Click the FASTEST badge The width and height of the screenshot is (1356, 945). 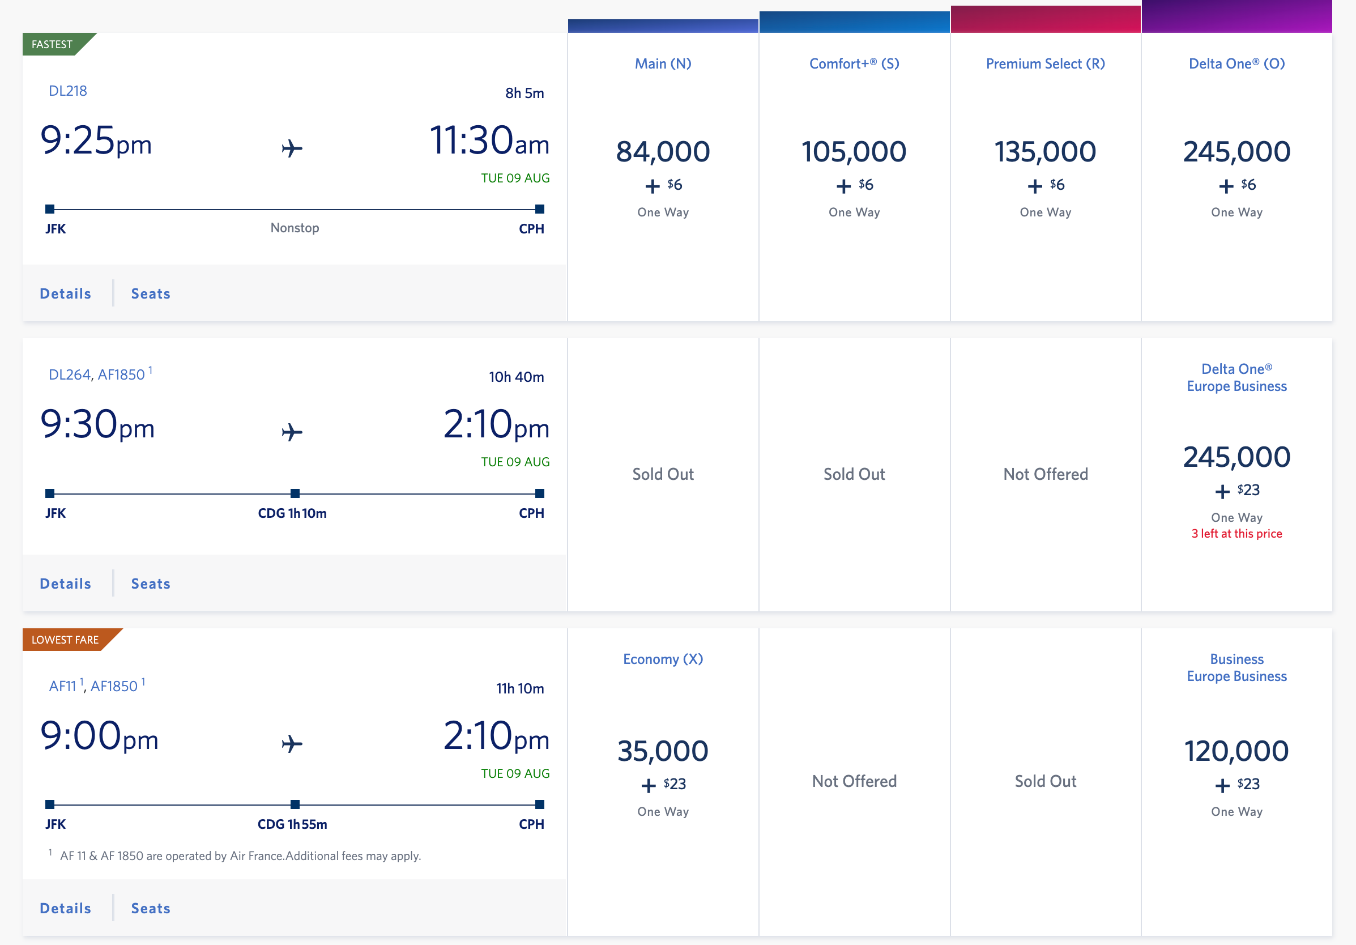coord(52,44)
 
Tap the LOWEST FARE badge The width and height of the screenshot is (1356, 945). coord(65,640)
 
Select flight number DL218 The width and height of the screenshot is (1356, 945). coord(67,91)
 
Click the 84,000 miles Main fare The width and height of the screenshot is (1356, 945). coord(663,152)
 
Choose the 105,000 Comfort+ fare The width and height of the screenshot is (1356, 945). coord(854,152)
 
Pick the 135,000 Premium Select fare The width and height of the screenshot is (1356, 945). coord(1045,152)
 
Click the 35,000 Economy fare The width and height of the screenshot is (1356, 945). coord(663,751)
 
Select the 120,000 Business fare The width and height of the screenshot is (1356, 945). coord(1236,751)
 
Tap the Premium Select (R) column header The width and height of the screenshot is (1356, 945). coord(1045,64)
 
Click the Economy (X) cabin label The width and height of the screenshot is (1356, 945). coord(663,659)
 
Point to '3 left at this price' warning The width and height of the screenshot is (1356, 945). coord(1236,533)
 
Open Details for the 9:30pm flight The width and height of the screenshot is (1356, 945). coord(66,584)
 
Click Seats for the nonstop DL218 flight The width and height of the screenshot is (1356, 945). coord(151,293)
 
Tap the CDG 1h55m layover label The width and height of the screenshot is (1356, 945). coord(292,824)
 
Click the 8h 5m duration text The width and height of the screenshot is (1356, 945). coord(525,93)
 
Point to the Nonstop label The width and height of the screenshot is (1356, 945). coord(295,228)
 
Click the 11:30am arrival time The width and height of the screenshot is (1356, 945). coord(489,142)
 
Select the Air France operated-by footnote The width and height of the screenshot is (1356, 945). coord(240,856)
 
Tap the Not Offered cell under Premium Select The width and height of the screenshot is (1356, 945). coord(1045,474)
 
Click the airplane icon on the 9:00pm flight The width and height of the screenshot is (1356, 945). coord(292,744)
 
